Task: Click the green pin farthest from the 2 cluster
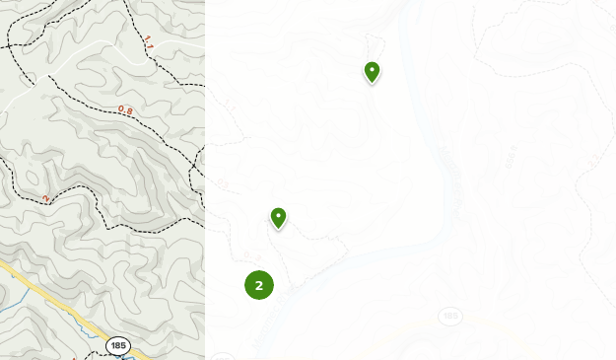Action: (372, 72)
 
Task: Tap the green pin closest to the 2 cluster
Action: (278, 218)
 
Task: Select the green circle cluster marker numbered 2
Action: (259, 285)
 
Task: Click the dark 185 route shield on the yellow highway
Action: (118, 345)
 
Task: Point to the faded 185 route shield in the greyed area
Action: (450, 317)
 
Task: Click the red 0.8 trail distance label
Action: (125, 109)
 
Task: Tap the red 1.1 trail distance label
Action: (149, 41)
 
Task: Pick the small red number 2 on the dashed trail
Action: (45, 198)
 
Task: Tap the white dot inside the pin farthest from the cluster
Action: (372, 69)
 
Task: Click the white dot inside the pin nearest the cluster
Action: (278, 215)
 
